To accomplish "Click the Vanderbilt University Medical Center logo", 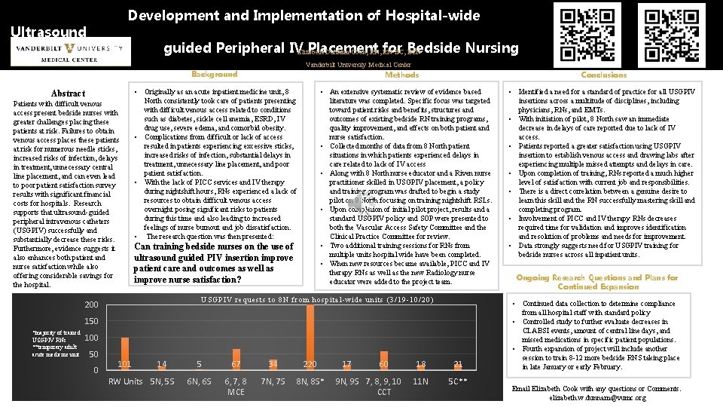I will click(69, 54).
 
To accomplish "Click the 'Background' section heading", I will click(214, 74).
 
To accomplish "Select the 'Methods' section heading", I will click(401, 75).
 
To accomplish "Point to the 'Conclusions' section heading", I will click(603, 75).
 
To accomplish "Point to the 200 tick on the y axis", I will click(91, 304).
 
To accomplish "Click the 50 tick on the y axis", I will click(93, 354).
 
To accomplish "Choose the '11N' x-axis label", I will click(420, 381).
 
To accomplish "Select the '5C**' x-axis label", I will click(458, 381).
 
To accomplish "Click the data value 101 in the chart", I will click(125, 365).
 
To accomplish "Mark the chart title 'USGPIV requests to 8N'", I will click(316, 299).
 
